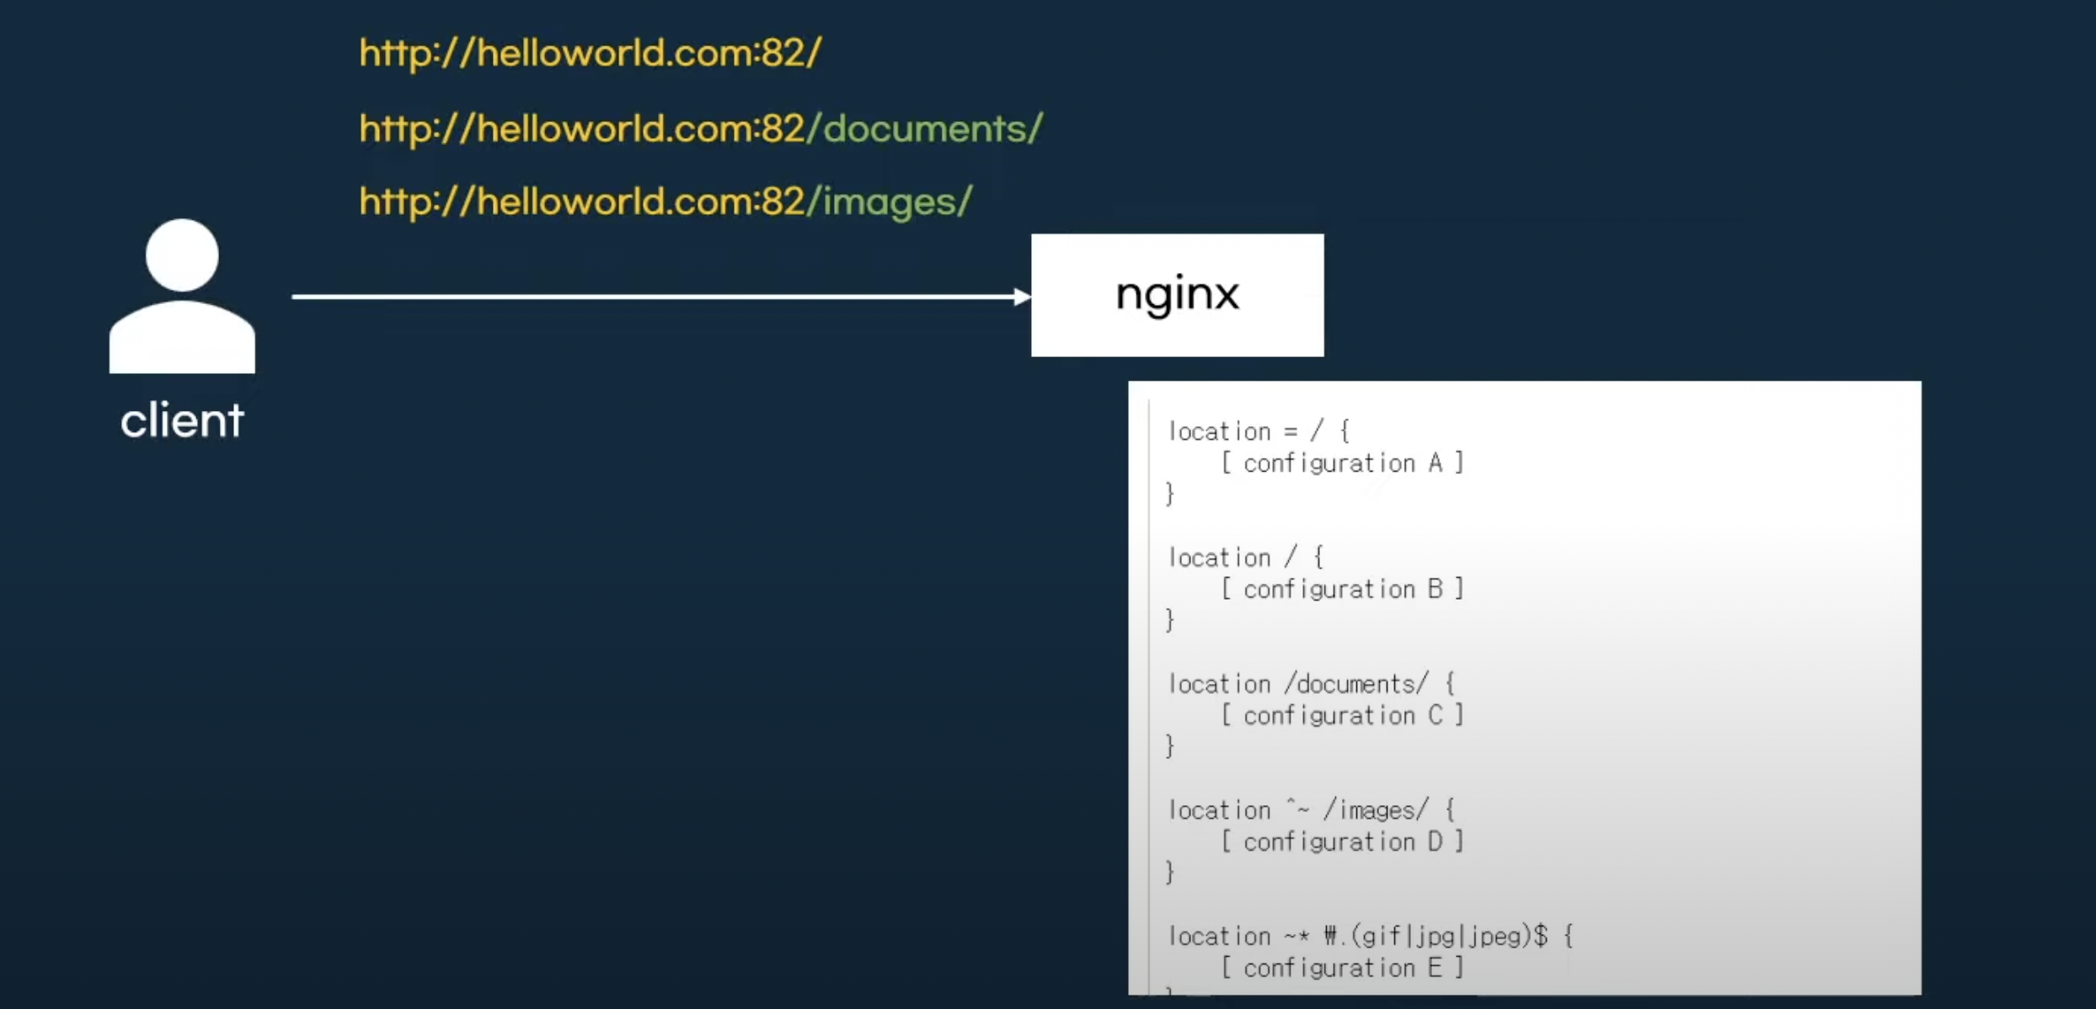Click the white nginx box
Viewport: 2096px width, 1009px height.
[x=1177, y=295]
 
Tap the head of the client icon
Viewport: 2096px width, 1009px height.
[x=182, y=255]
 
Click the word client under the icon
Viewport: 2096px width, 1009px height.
[x=182, y=420]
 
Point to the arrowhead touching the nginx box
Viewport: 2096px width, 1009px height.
[x=1022, y=296]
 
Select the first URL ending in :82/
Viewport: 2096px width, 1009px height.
[x=590, y=53]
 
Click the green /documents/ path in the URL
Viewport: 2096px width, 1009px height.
[x=925, y=129]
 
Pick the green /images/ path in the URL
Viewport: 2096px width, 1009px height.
[x=890, y=202]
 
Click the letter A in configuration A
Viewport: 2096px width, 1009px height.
[x=1436, y=462]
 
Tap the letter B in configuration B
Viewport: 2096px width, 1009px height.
[x=1436, y=589]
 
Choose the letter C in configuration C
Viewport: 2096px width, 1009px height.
[x=1436, y=715]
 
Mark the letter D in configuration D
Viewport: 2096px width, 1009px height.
[x=1436, y=841]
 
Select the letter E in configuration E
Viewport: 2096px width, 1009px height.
[x=1436, y=968]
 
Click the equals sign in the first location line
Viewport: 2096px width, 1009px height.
[x=1291, y=432]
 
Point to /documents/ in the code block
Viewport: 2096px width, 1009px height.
[x=1356, y=684]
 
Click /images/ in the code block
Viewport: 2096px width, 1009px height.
[x=1377, y=810]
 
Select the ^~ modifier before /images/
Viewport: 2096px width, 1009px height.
[x=1298, y=809]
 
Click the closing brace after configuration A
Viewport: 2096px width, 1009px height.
[x=1170, y=494]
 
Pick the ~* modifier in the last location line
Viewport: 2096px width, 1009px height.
[x=1297, y=936]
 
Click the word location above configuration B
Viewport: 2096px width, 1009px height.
[x=1219, y=558]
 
